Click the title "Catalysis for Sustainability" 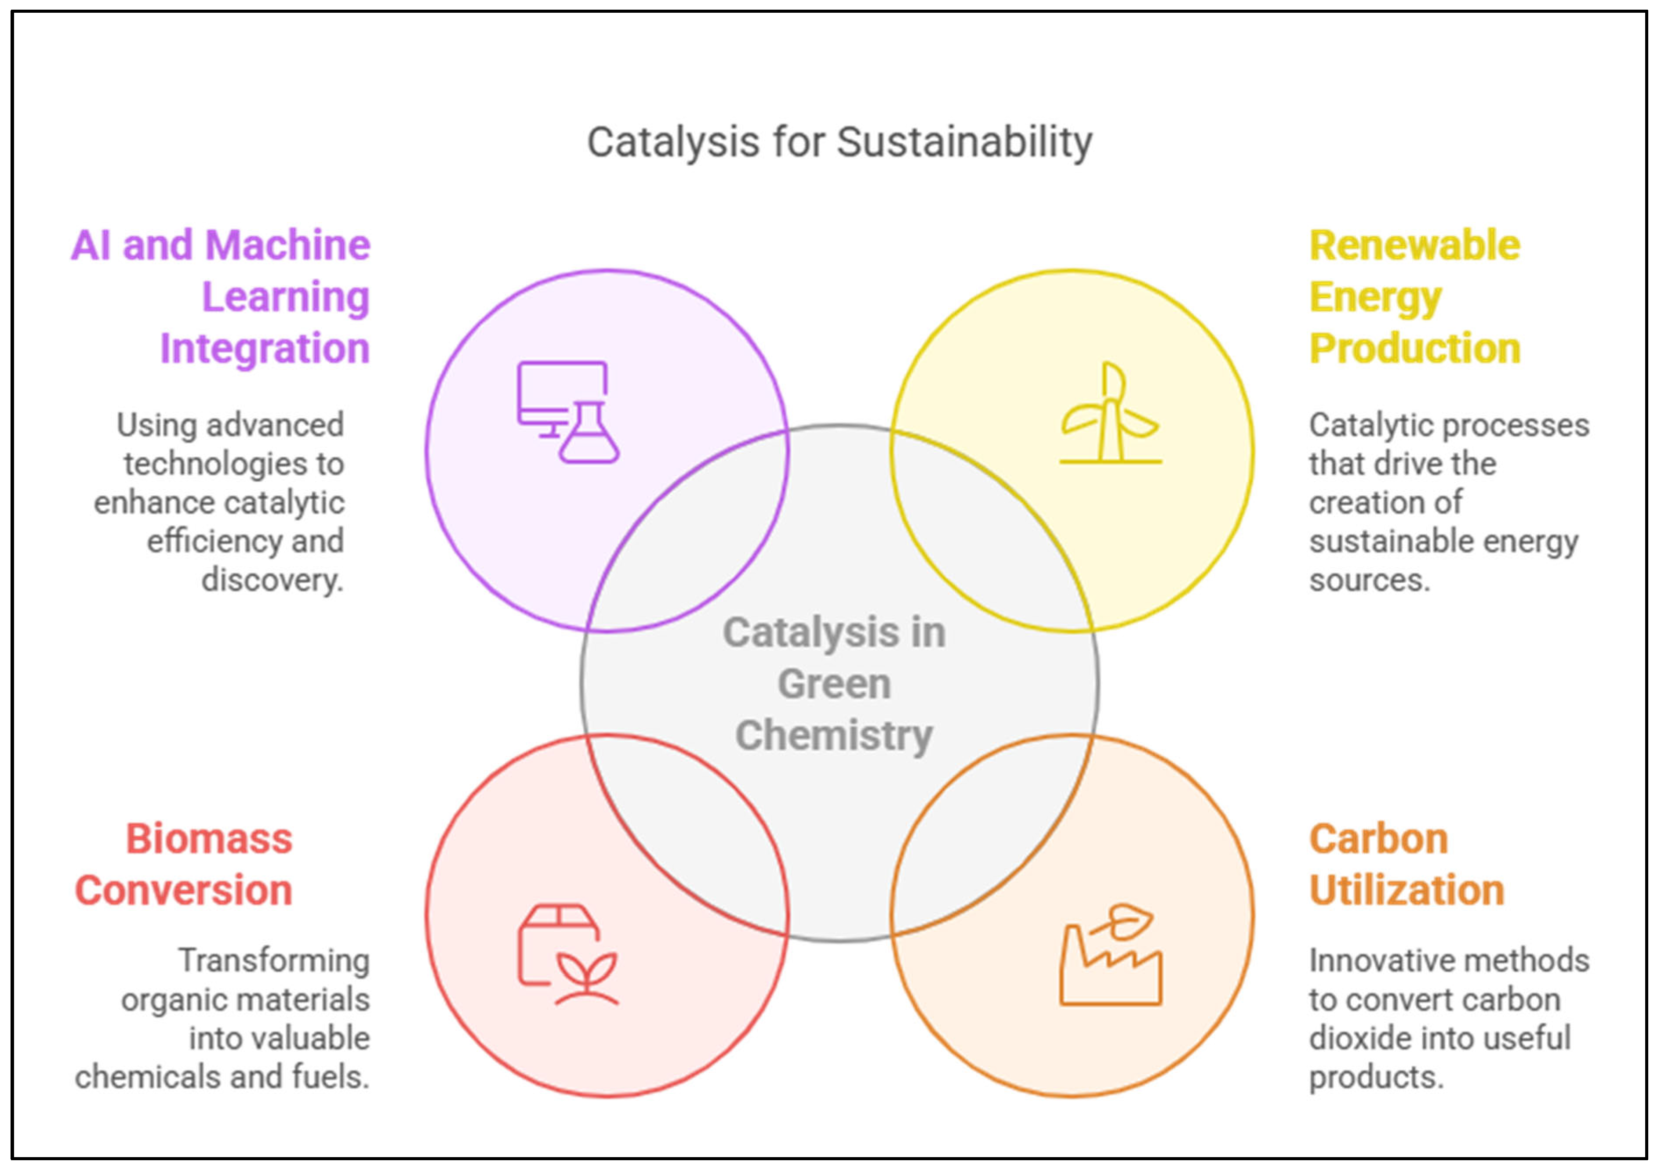[x=839, y=142]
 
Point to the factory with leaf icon [x=1110, y=954]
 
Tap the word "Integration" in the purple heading [x=265, y=348]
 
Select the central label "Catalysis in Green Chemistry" [x=834, y=684]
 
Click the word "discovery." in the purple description [x=272, y=580]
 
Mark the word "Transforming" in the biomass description [x=274, y=961]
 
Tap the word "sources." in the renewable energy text [x=1370, y=580]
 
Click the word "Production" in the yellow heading [x=1414, y=348]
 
